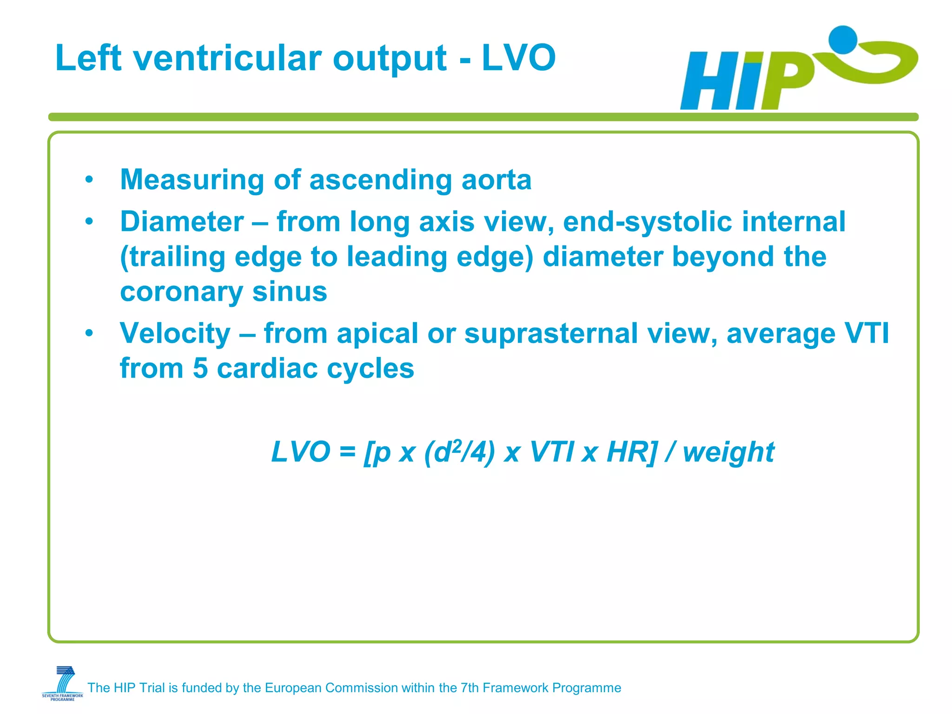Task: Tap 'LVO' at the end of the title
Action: pos(518,58)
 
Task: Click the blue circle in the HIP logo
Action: pos(842,40)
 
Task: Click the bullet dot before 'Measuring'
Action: pos(89,180)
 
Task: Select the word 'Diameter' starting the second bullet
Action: pos(182,222)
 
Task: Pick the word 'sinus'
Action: pos(289,292)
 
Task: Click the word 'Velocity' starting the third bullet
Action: pos(175,334)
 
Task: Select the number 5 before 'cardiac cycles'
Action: pos(200,369)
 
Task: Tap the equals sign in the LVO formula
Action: pos(347,452)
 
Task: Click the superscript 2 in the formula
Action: pos(457,445)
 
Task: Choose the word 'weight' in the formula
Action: pos(728,453)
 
